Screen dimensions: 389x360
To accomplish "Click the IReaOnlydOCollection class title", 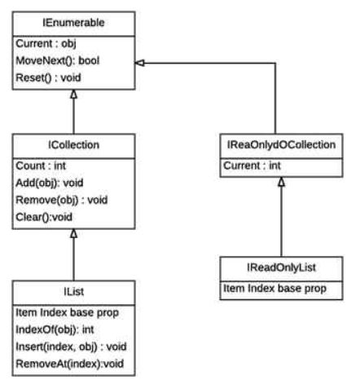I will (x=280, y=146).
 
